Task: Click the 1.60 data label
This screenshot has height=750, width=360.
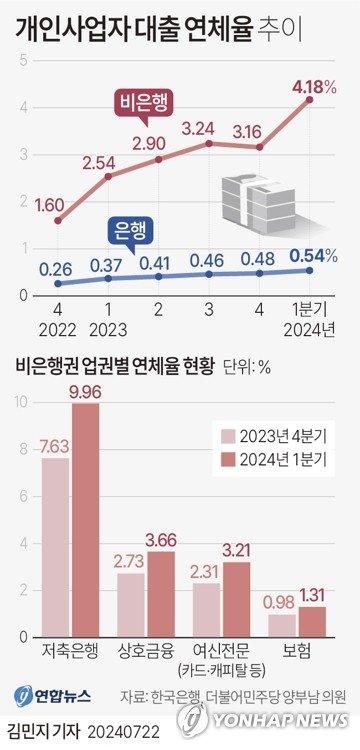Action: pyautogui.click(x=50, y=205)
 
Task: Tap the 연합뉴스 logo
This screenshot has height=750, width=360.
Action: pyautogui.click(x=50, y=696)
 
